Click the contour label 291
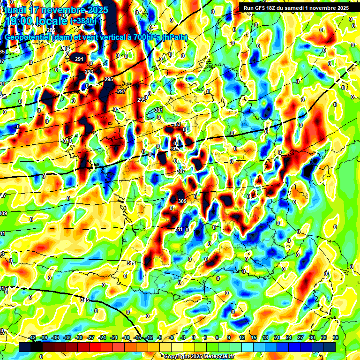79,59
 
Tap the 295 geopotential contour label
109,80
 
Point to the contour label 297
121,91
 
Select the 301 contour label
158,110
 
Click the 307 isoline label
181,171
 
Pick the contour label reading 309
182,201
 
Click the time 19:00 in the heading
19,21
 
